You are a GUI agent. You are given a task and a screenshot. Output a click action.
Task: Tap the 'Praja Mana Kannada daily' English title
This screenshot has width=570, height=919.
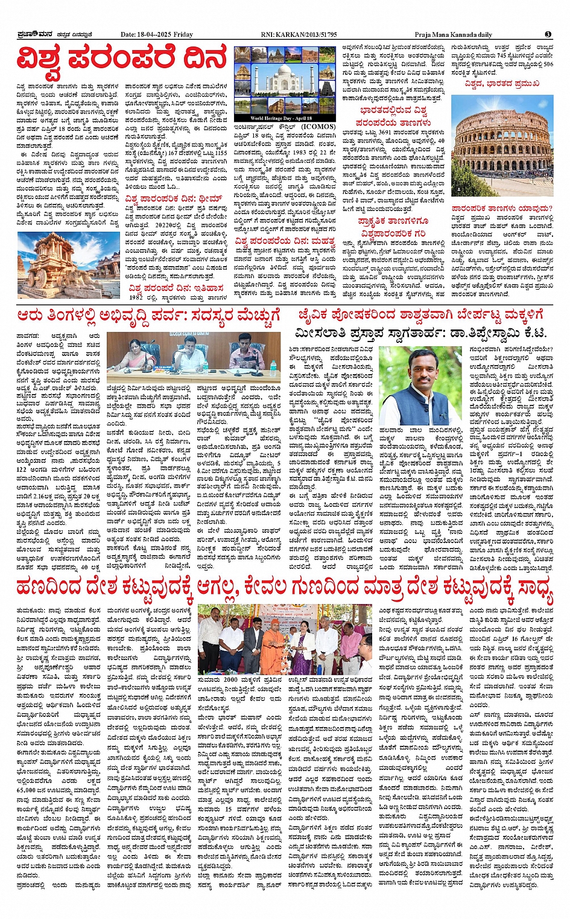453,35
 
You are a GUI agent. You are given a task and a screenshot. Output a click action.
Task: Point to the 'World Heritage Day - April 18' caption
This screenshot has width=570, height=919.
282,118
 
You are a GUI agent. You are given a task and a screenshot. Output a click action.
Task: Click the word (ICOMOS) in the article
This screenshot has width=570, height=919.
318,127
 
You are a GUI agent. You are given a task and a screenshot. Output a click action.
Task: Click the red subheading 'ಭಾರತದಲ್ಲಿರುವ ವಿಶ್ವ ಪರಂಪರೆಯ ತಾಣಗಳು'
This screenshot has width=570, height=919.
393,116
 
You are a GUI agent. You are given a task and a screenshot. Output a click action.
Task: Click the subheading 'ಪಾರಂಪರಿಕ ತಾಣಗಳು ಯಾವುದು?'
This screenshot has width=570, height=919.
502,209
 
